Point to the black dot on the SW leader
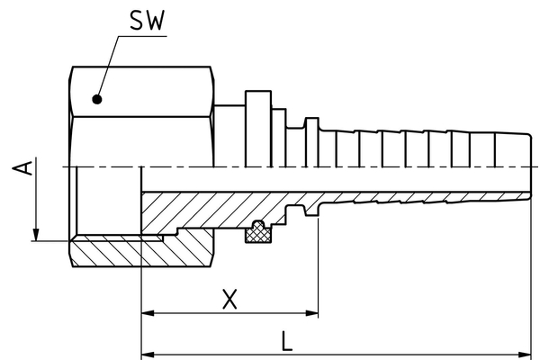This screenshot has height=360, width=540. tap(98, 99)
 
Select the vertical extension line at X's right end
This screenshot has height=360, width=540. tap(319, 270)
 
